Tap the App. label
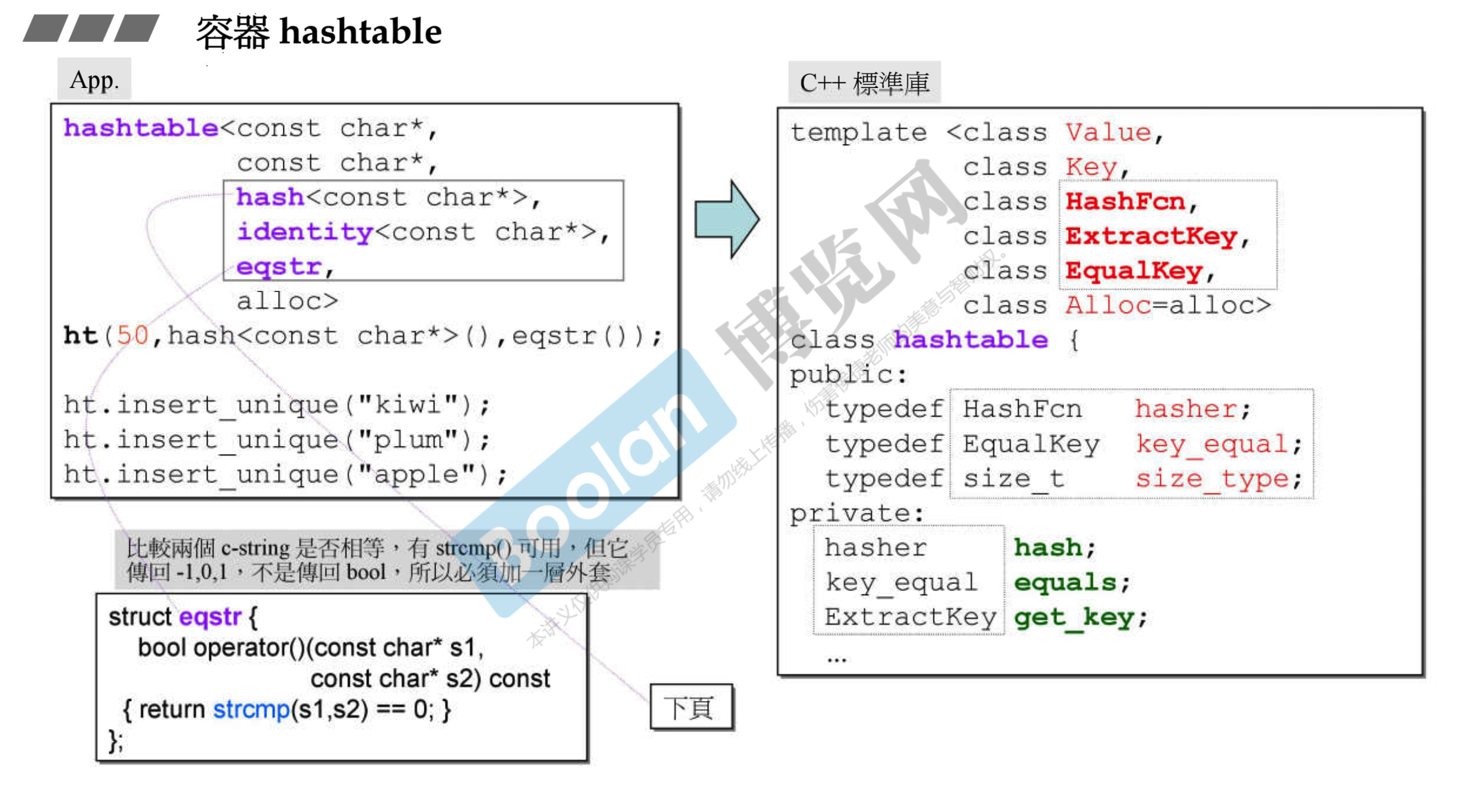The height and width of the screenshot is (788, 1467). pyautogui.click(x=94, y=80)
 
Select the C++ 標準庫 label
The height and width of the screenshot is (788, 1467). pyautogui.click(x=864, y=83)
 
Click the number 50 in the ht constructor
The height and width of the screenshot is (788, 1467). pyautogui.click(x=132, y=336)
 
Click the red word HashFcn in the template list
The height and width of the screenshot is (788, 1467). pyautogui.click(x=1125, y=202)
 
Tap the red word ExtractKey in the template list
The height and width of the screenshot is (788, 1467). pyautogui.click(x=1151, y=237)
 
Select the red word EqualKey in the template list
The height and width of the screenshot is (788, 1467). pyautogui.click(x=1134, y=271)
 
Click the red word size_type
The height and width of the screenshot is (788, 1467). pyautogui.click(x=1212, y=479)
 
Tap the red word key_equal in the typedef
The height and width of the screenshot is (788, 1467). pyautogui.click(x=1212, y=444)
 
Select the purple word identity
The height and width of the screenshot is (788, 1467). pyautogui.click(x=304, y=233)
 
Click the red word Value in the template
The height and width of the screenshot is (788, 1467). pyautogui.click(x=1108, y=133)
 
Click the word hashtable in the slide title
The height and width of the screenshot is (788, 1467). pyautogui.click(x=360, y=31)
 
